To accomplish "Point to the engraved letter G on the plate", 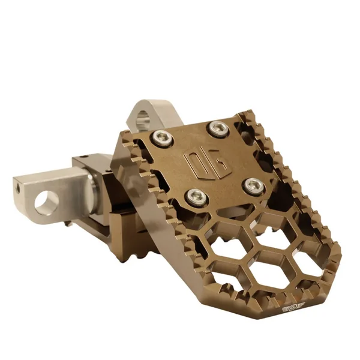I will [x=209, y=158].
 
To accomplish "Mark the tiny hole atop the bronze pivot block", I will [x=83, y=157].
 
